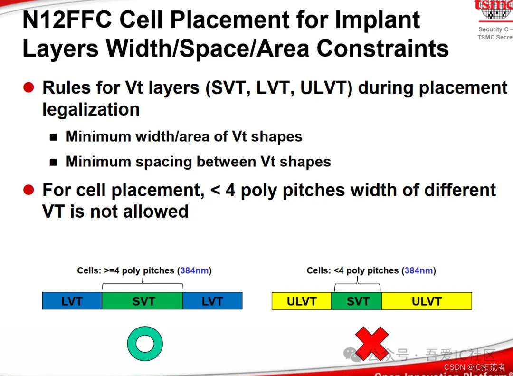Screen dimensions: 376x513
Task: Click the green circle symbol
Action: point(145,344)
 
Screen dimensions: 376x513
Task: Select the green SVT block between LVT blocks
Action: point(142,301)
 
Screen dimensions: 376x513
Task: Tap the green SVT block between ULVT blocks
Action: point(357,301)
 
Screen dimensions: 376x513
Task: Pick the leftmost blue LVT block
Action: point(72,301)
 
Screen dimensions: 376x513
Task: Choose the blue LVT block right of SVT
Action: point(212,301)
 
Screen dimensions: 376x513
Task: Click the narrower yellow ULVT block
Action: point(302,301)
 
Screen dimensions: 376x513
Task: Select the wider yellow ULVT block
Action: point(427,301)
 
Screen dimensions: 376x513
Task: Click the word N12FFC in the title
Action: point(66,20)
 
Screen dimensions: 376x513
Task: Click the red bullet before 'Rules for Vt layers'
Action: point(29,87)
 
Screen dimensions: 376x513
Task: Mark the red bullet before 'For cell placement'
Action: point(29,190)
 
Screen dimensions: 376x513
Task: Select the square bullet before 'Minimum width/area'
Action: point(54,137)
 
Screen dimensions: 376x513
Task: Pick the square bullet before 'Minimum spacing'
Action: point(54,162)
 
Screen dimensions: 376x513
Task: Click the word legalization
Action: point(91,109)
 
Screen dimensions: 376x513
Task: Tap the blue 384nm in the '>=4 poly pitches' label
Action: point(194,271)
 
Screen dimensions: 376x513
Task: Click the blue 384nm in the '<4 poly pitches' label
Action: point(418,271)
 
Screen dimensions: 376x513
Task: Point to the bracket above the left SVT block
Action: point(142,285)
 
